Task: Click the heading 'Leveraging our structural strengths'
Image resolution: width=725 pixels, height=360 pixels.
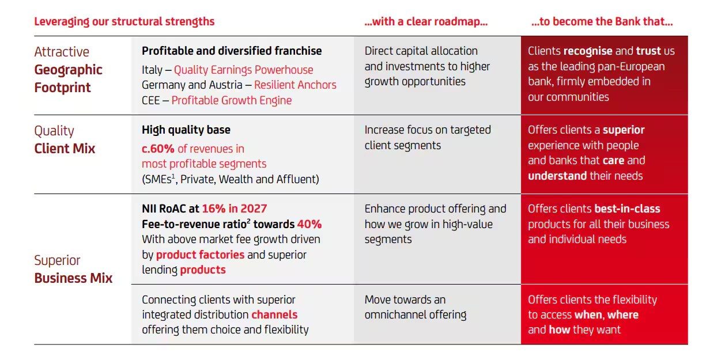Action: click(x=124, y=22)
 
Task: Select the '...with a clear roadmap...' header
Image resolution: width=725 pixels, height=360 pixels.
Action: click(x=426, y=22)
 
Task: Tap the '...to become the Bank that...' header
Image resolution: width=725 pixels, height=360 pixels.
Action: click(x=602, y=22)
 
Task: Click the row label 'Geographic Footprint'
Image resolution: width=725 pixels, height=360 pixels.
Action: click(x=68, y=79)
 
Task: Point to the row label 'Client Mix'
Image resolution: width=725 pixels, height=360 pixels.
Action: click(x=65, y=149)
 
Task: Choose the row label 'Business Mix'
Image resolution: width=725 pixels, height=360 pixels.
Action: click(x=73, y=278)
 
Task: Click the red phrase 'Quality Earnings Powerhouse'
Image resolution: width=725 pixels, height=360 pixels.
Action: click(x=243, y=70)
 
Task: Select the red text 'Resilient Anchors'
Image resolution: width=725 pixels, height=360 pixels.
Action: click(x=295, y=85)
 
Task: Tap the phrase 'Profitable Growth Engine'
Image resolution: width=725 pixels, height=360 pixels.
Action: click(x=231, y=100)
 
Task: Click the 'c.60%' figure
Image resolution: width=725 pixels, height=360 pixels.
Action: click(x=158, y=149)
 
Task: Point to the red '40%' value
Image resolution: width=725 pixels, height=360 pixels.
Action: click(x=309, y=224)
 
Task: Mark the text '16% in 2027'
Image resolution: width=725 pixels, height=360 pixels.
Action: click(x=234, y=209)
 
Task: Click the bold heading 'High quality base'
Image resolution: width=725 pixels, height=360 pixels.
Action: click(x=186, y=130)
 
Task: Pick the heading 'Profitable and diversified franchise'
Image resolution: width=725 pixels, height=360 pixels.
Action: click(x=232, y=51)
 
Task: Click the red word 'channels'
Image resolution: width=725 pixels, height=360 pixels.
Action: click(x=274, y=314)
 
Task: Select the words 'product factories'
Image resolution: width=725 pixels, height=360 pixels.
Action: click(x=200, y=255)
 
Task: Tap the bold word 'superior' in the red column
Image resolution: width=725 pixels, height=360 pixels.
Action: click(x=624, y=130)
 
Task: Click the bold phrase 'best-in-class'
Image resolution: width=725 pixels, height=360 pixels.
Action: click(x=627, y=209)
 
